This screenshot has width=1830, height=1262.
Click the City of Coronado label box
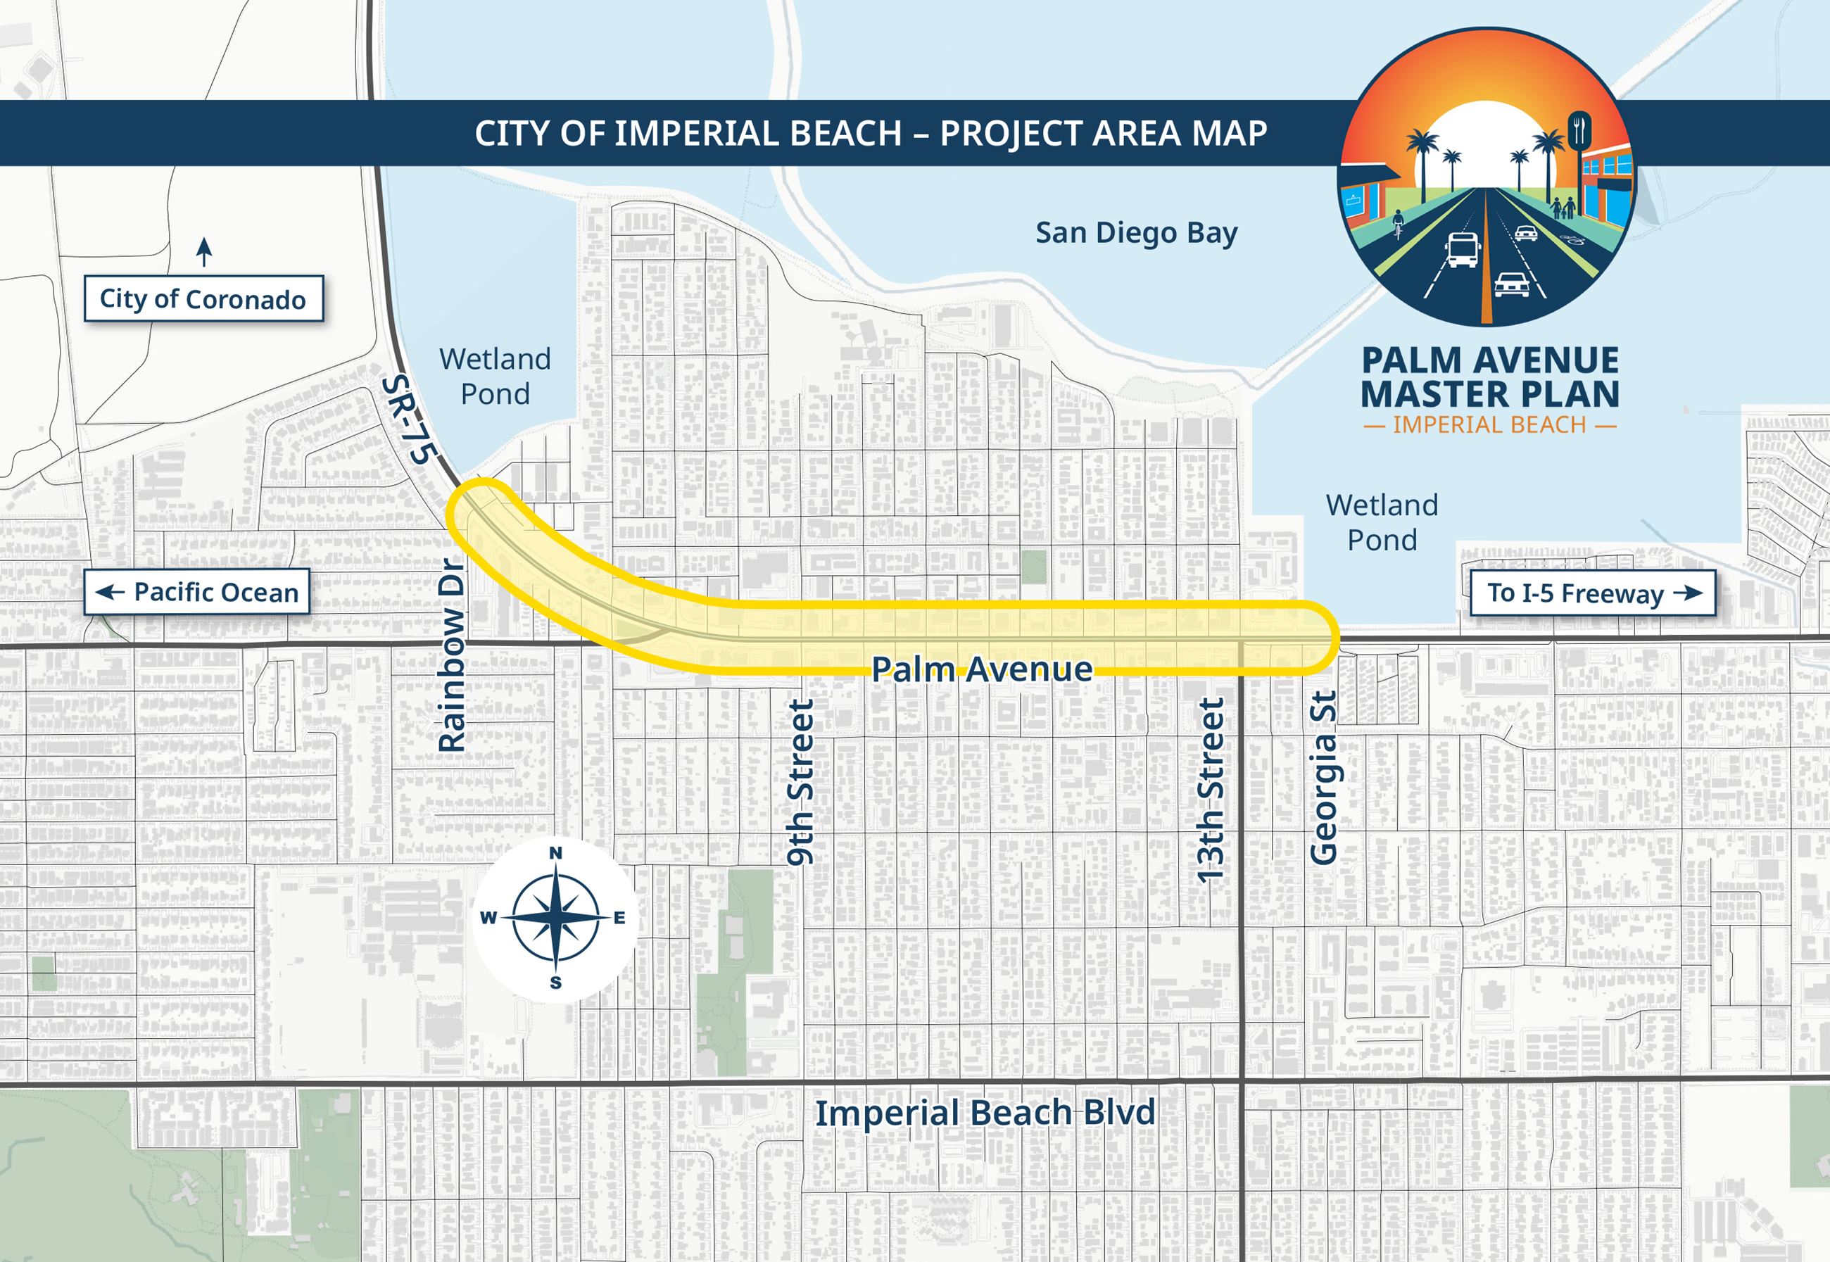point(203,299)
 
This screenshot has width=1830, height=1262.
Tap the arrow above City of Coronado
point(204,252)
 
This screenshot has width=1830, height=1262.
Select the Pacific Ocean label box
point(197,592)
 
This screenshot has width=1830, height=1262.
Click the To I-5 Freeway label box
point(1592,593)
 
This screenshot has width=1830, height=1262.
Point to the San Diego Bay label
point(1136,233)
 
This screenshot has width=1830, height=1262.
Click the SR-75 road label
point(410,420)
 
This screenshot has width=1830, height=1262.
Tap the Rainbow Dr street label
point(452,655)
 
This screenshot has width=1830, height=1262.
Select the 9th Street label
point(800,781)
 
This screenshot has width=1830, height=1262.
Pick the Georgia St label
point(1323,777)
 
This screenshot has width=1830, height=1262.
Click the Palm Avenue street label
point(981,670)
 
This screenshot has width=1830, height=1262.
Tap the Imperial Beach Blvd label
point(985,1113)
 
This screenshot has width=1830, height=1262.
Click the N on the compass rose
point(556,852)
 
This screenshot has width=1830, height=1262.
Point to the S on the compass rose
point(556,983)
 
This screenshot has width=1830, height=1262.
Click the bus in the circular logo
point(1462,250)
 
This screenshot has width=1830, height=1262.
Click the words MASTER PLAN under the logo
point(1489,393)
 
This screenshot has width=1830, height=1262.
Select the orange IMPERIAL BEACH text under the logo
point(1489,425)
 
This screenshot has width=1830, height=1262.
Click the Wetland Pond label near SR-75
point(495,377)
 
